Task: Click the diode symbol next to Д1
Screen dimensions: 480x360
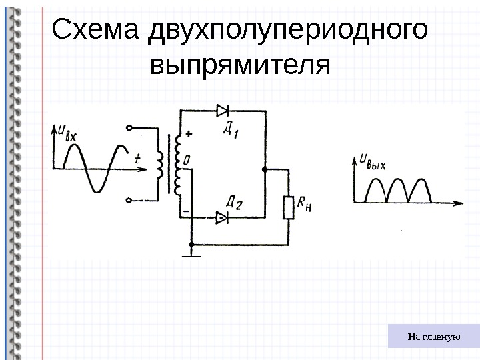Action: click(223, 110)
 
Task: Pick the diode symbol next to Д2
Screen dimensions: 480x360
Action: click(222, 217)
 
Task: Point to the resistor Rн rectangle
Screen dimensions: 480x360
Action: click(289, 207)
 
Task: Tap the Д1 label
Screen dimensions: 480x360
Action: click(231, 129)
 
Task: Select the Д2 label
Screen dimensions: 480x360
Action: click(234, 202)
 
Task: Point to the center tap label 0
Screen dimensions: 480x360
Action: click(187, 160)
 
